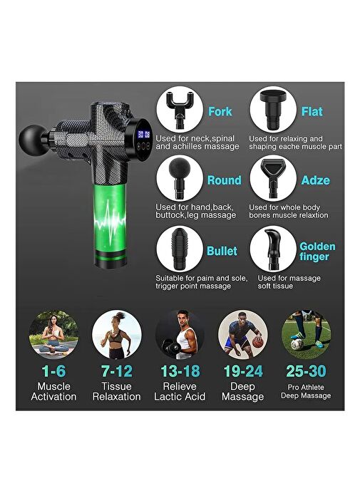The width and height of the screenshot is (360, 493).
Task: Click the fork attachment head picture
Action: (180, 110)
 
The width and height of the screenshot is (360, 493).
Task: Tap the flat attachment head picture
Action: (273, 110)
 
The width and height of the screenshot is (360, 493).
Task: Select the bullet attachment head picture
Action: (180, 249)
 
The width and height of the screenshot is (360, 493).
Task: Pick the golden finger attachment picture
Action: (272, 249)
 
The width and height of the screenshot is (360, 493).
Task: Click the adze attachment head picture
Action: (273, 178)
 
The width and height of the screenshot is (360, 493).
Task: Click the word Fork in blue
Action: (220, 112)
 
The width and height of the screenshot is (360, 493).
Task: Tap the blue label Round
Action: (225, 180)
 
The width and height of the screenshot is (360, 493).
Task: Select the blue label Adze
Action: (316, 180)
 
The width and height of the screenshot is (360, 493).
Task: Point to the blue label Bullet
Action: (222, 251)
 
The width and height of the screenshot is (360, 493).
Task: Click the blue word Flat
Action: (312, 112)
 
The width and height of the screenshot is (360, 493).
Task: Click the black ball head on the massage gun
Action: (31, 138)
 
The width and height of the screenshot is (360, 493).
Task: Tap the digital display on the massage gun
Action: (143, 135)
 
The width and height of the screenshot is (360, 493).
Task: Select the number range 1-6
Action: (53, 371)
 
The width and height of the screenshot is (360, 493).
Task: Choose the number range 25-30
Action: (306, 371)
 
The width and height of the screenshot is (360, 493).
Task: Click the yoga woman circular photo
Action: (53, 335)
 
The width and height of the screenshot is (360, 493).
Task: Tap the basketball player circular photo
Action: (243, 335)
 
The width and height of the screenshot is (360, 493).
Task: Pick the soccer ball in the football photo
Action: (297, 344)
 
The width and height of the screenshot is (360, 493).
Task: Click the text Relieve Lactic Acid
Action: (180, 391)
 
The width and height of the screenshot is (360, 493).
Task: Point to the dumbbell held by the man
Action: (170, 346)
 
